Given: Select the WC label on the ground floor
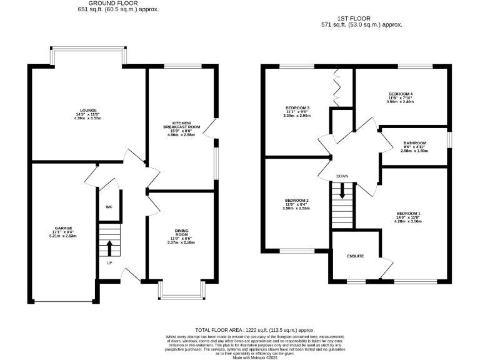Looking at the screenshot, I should point(109,206).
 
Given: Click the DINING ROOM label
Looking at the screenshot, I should point(182,234).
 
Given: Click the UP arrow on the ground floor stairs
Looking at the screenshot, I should point(110,247).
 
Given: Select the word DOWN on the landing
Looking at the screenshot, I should point(342,176).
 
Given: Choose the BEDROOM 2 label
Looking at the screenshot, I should point(296,201).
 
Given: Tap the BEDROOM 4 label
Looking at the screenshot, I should point(401,94).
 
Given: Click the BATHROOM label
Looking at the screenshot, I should point(414,142).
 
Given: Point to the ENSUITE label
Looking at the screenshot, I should point(356,256).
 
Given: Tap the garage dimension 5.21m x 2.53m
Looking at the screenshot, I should point(63,236).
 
